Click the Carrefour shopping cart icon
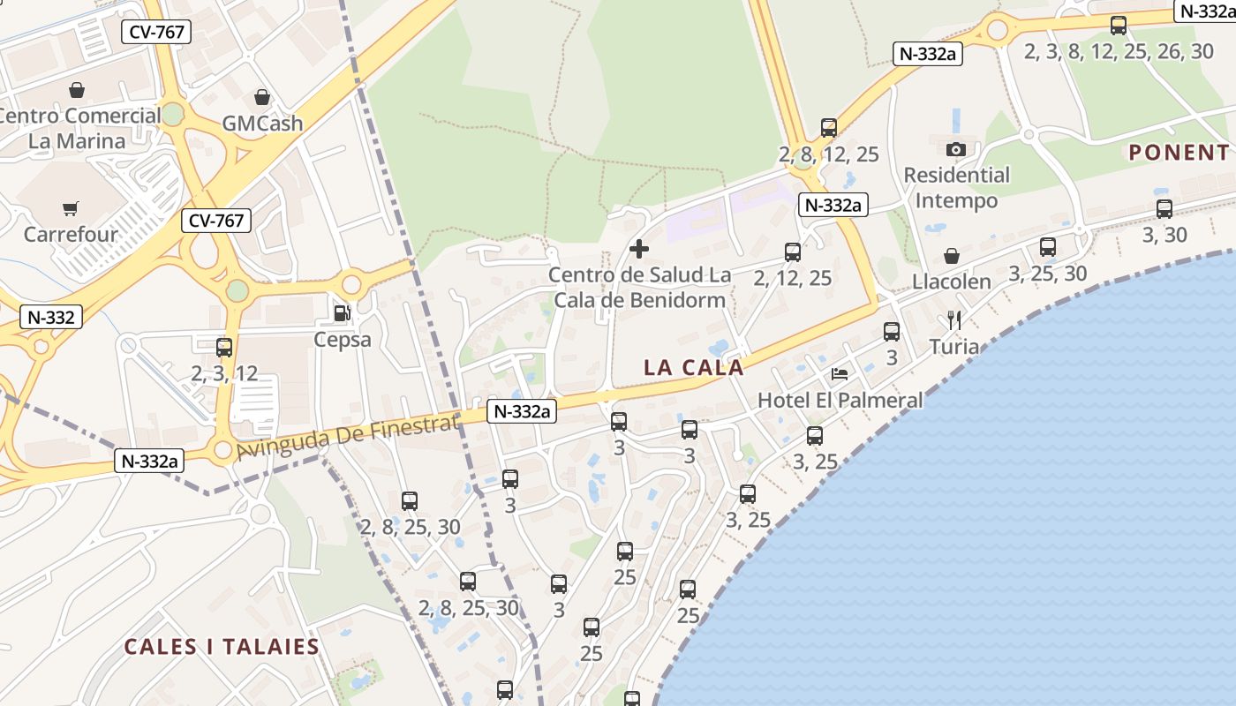[x=70, y=209]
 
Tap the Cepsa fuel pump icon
[x=342, y=312]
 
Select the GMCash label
[x=262, y=123]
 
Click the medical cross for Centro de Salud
[x=639, y=249]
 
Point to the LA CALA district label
[x=694, y=367]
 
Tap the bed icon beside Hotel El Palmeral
[x=840, y=374]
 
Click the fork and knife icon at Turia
[x=954, y=319]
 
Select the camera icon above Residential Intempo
[x=956, y=149]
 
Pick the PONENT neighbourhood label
[x=1179, y=152]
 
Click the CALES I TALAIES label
[x=222, y=646]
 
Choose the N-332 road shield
[x=52, y=317]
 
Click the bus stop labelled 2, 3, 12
[x=224, y=348]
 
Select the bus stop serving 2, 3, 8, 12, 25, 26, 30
[x=1119, y=26]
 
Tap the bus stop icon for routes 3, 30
[x=1164, y=209]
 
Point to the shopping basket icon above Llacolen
[x=952, y=256]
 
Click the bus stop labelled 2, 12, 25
[x=793, y=252]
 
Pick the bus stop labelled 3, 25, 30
[x=1048, y=247]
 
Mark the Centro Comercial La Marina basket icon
[x=77, y=90]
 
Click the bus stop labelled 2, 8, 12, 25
[x=828, y=128]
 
